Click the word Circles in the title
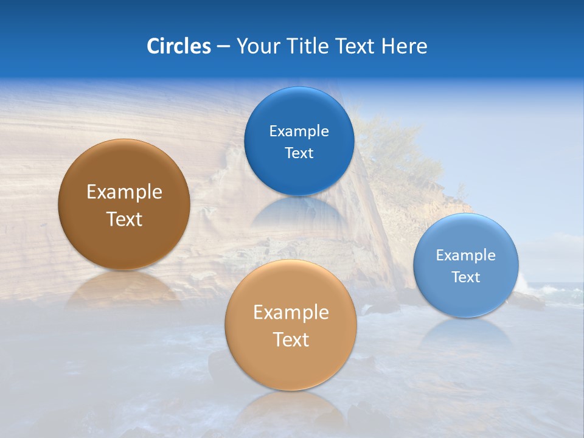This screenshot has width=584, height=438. click(x=178, y=46)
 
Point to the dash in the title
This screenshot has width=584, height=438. click(x=223, y=47)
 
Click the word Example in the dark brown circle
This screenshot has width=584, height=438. click(x=124, y=192)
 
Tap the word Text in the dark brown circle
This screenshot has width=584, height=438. click(x=124, y=219)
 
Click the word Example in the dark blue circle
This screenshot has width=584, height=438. click(x=299, y=131)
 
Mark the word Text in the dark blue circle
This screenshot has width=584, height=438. click(x=299, y=153)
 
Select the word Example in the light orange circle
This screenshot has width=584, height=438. click(x=291, y=313)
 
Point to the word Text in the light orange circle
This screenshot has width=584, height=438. click(x=291, y=339)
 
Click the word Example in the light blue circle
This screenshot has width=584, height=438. click(x=466, y=255)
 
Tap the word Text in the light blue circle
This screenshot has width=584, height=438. click(x=466, y=277)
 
